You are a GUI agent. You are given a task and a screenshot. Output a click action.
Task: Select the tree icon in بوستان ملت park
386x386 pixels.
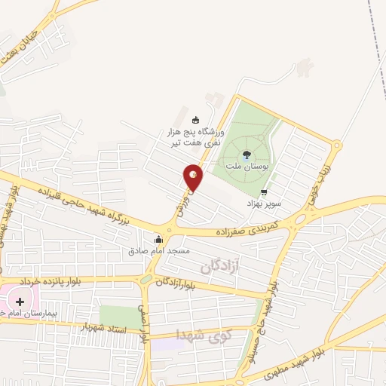pyautogui.click(x=247, y=155)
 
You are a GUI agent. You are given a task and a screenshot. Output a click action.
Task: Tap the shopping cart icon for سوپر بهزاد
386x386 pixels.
pyautogui.click(x=263, y=192)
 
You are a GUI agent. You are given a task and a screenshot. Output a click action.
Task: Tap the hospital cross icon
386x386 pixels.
pyautogui.click(x=20, y=302)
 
